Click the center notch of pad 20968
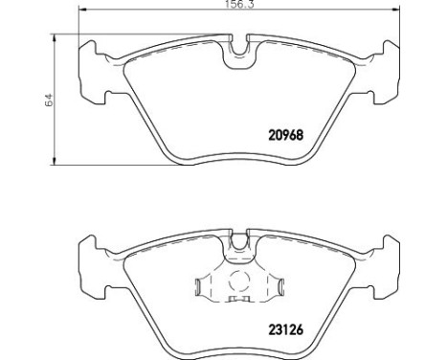(x=235, y=56)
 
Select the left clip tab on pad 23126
(x=199, y=286)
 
